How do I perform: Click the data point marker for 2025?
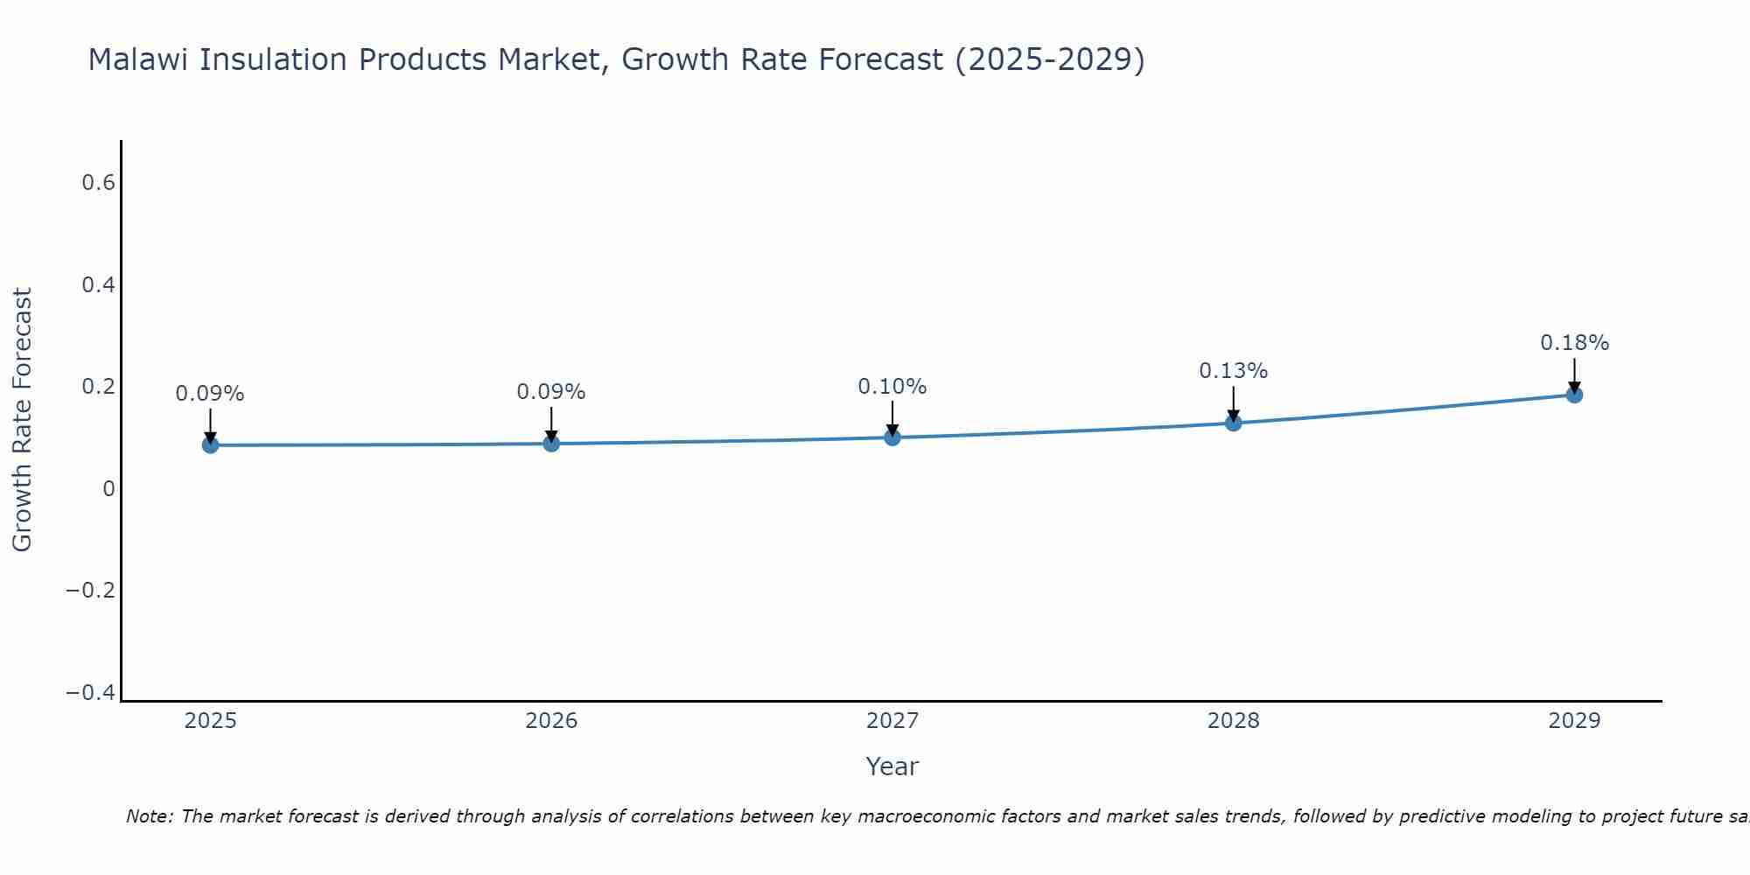pyautogui.click(x=210, y=444)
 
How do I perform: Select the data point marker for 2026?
pyautogui.click(x=551, y=444)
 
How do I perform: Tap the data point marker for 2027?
pyautogui.click(x=892, y=437)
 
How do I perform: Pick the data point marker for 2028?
pyautogui.click(x=1233, y=423)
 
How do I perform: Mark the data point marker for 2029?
pyautogui.click(x=1574, y=395)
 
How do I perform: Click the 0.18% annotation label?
pyautogui.click(x=1574, y=343)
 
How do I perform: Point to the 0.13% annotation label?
pyautogui.click(x=1233, y=371)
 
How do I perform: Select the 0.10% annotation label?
pyautogui.click(x=892, y=387)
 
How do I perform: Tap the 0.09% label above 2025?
pyautogui.click(x=210, y=394)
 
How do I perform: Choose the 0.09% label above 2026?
pyautogui.click(x=551, y=392)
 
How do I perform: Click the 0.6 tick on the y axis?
pyautogui.click(x=98, y=183)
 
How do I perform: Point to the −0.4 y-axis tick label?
pyautogui.click(x=90, y=693)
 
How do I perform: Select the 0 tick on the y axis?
pyautogui.click(x=108, y=489)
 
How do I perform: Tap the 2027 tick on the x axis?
pyautogui.click(x=892, y=721)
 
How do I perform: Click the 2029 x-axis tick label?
pyautogui.click(x=1574, y=721)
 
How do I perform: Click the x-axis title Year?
pyautogui.click(x=892, y=766)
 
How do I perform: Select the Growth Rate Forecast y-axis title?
pyautogui.click(x=22, y=420)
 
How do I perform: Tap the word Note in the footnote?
pyautogui.click(x=150, y=816)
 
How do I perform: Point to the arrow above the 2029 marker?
pyautogui.click(x=1574, y=374)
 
